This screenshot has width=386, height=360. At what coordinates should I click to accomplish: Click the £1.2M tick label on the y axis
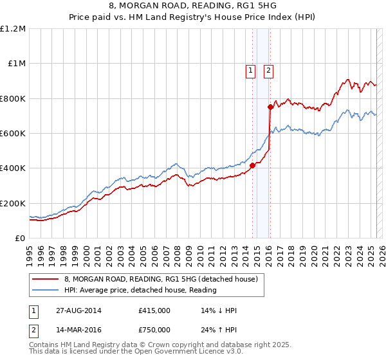(13, 29)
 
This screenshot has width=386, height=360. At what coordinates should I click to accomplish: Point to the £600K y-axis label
(13, 134)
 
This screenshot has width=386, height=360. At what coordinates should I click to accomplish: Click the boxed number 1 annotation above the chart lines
(250, 71)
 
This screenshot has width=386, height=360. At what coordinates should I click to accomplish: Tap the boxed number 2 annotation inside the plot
(268, 71)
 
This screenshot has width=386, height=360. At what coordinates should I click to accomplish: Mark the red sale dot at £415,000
(252, 165)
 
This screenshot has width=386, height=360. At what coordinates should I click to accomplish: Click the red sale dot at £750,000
(270, 107)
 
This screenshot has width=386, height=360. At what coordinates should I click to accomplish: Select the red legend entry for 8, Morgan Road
(161, 279)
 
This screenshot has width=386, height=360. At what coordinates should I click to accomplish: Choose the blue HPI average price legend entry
(140, 290)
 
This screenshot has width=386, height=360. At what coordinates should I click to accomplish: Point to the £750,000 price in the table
(154, 330)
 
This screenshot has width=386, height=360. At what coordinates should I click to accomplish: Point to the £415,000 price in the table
(154, 310)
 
